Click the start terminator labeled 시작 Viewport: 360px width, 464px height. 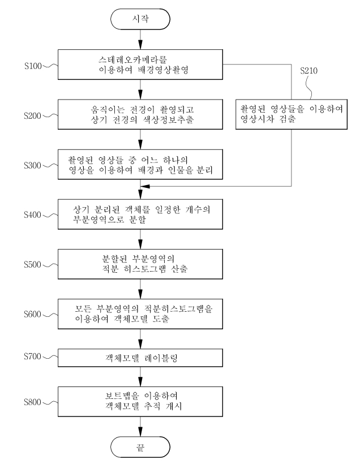(140, 19)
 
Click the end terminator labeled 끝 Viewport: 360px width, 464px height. (140, 447)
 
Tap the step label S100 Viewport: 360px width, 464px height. (33, 66)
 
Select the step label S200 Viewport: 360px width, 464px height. (33, 115)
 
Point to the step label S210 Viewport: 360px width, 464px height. (309, 70)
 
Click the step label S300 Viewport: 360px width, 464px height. (33, 165)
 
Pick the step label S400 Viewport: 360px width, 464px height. (33, 214)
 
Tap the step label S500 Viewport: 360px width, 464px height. (33, 264)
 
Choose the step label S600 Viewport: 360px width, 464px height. (33, 314)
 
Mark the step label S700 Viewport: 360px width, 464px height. (33, 356)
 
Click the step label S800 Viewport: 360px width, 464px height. (33, 402)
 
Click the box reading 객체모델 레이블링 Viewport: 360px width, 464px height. (140, 358)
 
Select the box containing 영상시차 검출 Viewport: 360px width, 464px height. (292, 114)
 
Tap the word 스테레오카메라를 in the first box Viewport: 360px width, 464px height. (133, 59)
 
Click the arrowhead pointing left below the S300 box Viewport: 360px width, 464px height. (145, 186)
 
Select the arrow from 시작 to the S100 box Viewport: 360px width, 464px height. (140, 40)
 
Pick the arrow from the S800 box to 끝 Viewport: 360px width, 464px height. (140, 427)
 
